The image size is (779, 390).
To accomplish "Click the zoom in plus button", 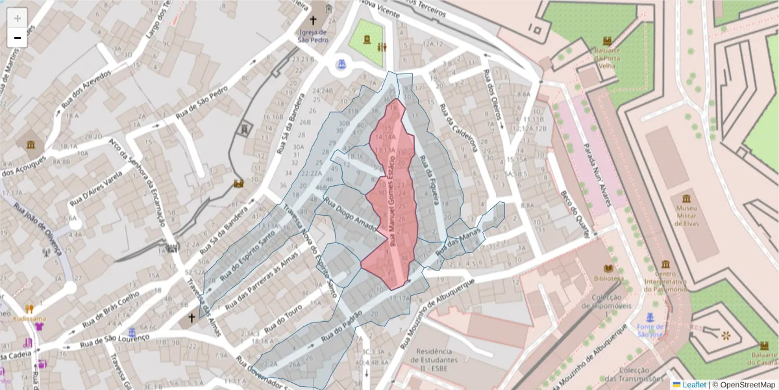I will coord(18,18).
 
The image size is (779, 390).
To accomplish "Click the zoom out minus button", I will coord(18,38).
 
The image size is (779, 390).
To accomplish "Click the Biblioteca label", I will coord(608,278).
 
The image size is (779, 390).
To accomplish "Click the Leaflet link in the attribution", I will coord(694,384).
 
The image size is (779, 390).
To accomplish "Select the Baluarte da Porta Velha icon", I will coord(607,40).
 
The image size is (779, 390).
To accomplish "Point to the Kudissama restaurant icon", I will coord(29,309).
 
